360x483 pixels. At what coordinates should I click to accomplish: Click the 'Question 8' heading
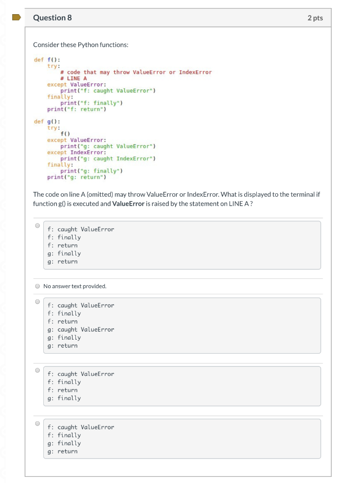pos(52,18)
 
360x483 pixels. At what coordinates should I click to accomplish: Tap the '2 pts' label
pos(315,18)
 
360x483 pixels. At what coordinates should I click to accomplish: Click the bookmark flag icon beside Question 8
pos(16,17)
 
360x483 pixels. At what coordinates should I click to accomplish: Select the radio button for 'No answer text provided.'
pos(37,286)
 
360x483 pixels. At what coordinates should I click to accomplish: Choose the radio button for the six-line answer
pos(37,301)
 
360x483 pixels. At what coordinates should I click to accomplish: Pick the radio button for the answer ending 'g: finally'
pos(37,370)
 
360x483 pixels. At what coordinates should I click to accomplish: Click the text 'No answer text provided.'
pos(75,286)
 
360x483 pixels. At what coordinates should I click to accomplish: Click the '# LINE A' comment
pos(74,78)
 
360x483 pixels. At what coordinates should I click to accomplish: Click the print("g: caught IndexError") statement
pos(108,158)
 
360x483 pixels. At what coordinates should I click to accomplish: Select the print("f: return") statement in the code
pos(77,109)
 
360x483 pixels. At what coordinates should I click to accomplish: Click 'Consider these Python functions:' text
pos(81,45)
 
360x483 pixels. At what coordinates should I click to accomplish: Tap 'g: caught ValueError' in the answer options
pos(81,330)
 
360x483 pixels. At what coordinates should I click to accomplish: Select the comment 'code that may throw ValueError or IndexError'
pos(136,72)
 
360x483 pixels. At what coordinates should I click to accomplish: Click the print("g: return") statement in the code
pos(77,177)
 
